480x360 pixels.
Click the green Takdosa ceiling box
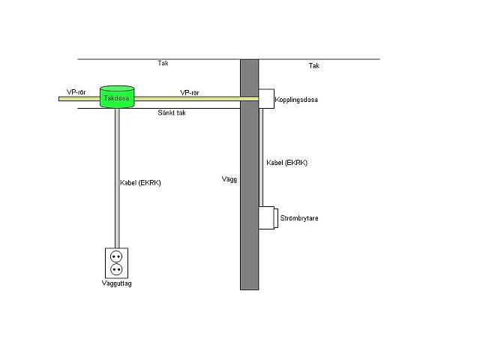[117, 97]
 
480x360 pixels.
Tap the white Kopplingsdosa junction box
[266, 98]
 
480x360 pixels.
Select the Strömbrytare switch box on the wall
[268, 217]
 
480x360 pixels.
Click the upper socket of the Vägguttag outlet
[116, 256]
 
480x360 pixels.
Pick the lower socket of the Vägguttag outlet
[116, 270]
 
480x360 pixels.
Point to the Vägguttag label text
[117, 283]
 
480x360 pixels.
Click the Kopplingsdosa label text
[296, 100]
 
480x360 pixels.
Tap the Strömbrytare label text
[299, 218]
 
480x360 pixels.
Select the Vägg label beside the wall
[229, 179]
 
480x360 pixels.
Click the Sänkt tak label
[172, 112]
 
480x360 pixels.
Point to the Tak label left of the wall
[163, 63]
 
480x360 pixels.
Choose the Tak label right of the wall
[314, 66]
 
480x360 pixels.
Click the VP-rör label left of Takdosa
[76, 92]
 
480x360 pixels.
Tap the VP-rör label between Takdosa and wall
[190, 93]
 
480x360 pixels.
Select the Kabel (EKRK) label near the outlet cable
[140, 183]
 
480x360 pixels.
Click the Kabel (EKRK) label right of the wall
[286, 163]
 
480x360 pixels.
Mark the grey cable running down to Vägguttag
[117, 178]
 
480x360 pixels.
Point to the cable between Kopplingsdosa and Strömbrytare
[261, 157]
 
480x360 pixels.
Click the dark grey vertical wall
[250, 175]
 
